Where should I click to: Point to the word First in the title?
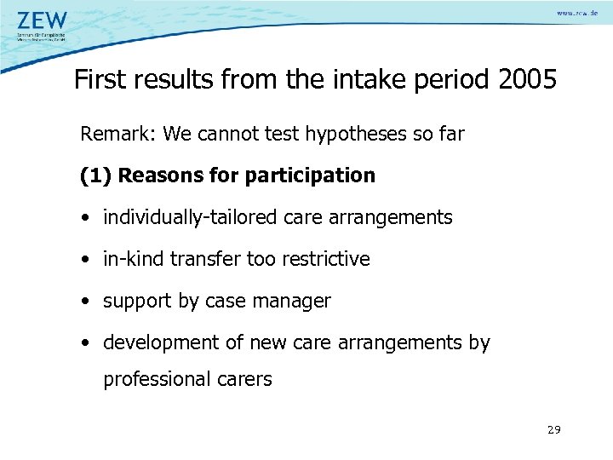pos(100,80)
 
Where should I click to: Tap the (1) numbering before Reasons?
pos(95,175)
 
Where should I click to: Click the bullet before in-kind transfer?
pos(87,260)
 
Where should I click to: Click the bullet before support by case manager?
pos(87,302)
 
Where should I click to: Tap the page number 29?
pos(553,429)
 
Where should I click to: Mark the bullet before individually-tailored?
pos(87,218)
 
